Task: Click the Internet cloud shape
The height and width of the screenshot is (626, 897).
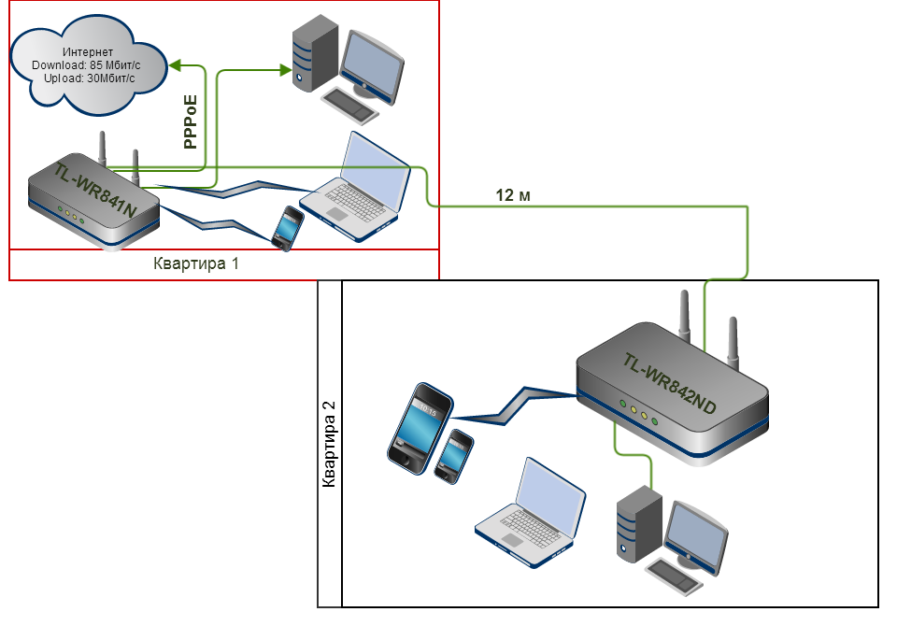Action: coord(89,64)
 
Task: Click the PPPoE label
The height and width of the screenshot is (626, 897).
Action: coord(191,121)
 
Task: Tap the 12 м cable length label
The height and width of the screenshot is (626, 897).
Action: coord(513,195)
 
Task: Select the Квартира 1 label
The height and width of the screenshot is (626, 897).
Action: coord(195,263)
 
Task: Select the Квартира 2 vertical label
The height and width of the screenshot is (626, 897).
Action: coord(329,444)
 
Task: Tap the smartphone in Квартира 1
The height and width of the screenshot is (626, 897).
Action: coord(288,228)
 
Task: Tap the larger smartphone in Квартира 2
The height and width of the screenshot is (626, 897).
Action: coord(420,428)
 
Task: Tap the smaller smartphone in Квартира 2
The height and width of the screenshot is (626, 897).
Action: coord(454,457)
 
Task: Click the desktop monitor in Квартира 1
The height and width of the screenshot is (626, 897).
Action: coord(373,67)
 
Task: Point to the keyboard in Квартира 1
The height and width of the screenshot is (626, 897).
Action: coord(349,104)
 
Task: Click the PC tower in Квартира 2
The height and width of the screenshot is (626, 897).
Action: coord(639,523)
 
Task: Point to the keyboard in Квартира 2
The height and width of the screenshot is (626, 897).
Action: coord(674,576)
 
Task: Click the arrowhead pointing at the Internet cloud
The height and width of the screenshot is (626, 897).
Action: coord(175,65)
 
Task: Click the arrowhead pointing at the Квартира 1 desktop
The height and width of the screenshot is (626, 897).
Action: coord(286,70)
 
